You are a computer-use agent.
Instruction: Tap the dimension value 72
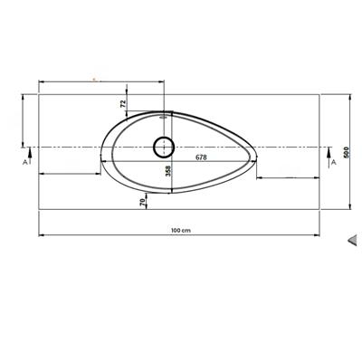click(124, 104)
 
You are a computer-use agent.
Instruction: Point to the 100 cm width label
click(179, 230)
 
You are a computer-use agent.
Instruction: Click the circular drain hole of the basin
click(165, 146)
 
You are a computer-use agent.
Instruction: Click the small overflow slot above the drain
click(165, 116)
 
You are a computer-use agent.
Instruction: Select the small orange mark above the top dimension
click(94, 79)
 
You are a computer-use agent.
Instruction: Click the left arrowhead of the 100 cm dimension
click(41, 236)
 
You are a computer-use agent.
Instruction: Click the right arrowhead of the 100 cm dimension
click(320, 236)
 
